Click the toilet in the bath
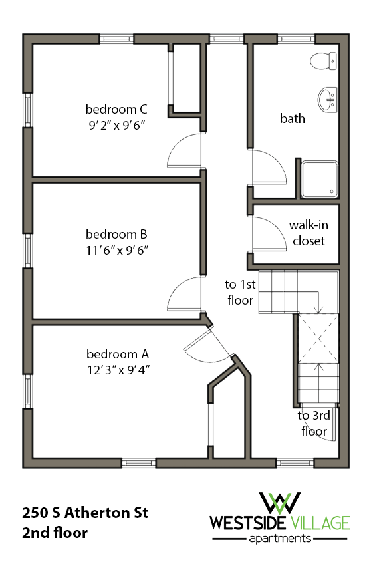[322, 61]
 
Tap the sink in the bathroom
[327, 100]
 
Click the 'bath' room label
[292, 118]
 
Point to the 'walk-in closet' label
[309, 233]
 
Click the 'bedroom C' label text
[116, 108]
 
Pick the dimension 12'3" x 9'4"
[116, 370]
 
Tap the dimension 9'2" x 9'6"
[116, 124]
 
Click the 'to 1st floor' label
[239, 292]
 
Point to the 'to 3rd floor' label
[313, 424]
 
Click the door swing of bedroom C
[184, 151]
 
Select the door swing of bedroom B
[185, 294]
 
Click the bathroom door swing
[269, 166]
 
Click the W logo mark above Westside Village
[280, 503]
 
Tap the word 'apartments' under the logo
[280, 539]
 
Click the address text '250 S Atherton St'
[84, 513]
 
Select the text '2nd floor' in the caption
[55, 533]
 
